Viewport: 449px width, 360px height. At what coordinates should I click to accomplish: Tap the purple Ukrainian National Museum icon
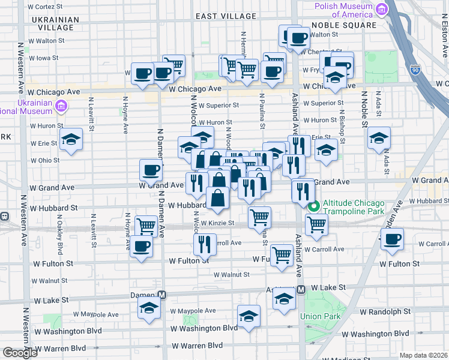coord(60,107)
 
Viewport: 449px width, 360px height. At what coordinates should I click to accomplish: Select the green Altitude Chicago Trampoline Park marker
coord(313,207)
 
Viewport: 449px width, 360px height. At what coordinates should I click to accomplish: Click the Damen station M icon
coord(161,295)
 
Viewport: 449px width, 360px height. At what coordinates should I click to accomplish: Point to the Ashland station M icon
coord(301,289)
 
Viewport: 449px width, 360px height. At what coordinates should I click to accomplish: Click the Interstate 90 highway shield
coord(415,70)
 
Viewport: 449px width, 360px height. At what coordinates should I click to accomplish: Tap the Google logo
coord(19,353)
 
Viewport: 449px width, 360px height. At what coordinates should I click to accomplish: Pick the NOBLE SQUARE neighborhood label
coord(345,25)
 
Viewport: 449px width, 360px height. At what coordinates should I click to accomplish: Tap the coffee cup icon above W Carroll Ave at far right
coord(393,239)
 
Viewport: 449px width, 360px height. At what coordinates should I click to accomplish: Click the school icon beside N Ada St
coord(379,138)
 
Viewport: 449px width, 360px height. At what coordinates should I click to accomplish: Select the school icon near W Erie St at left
coord(71,140)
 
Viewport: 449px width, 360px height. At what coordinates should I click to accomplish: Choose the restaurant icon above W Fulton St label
coord(205,243)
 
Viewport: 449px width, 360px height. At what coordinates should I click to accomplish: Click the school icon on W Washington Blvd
coord(249,316)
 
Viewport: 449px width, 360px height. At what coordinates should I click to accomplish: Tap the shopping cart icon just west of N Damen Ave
coord(146,226)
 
